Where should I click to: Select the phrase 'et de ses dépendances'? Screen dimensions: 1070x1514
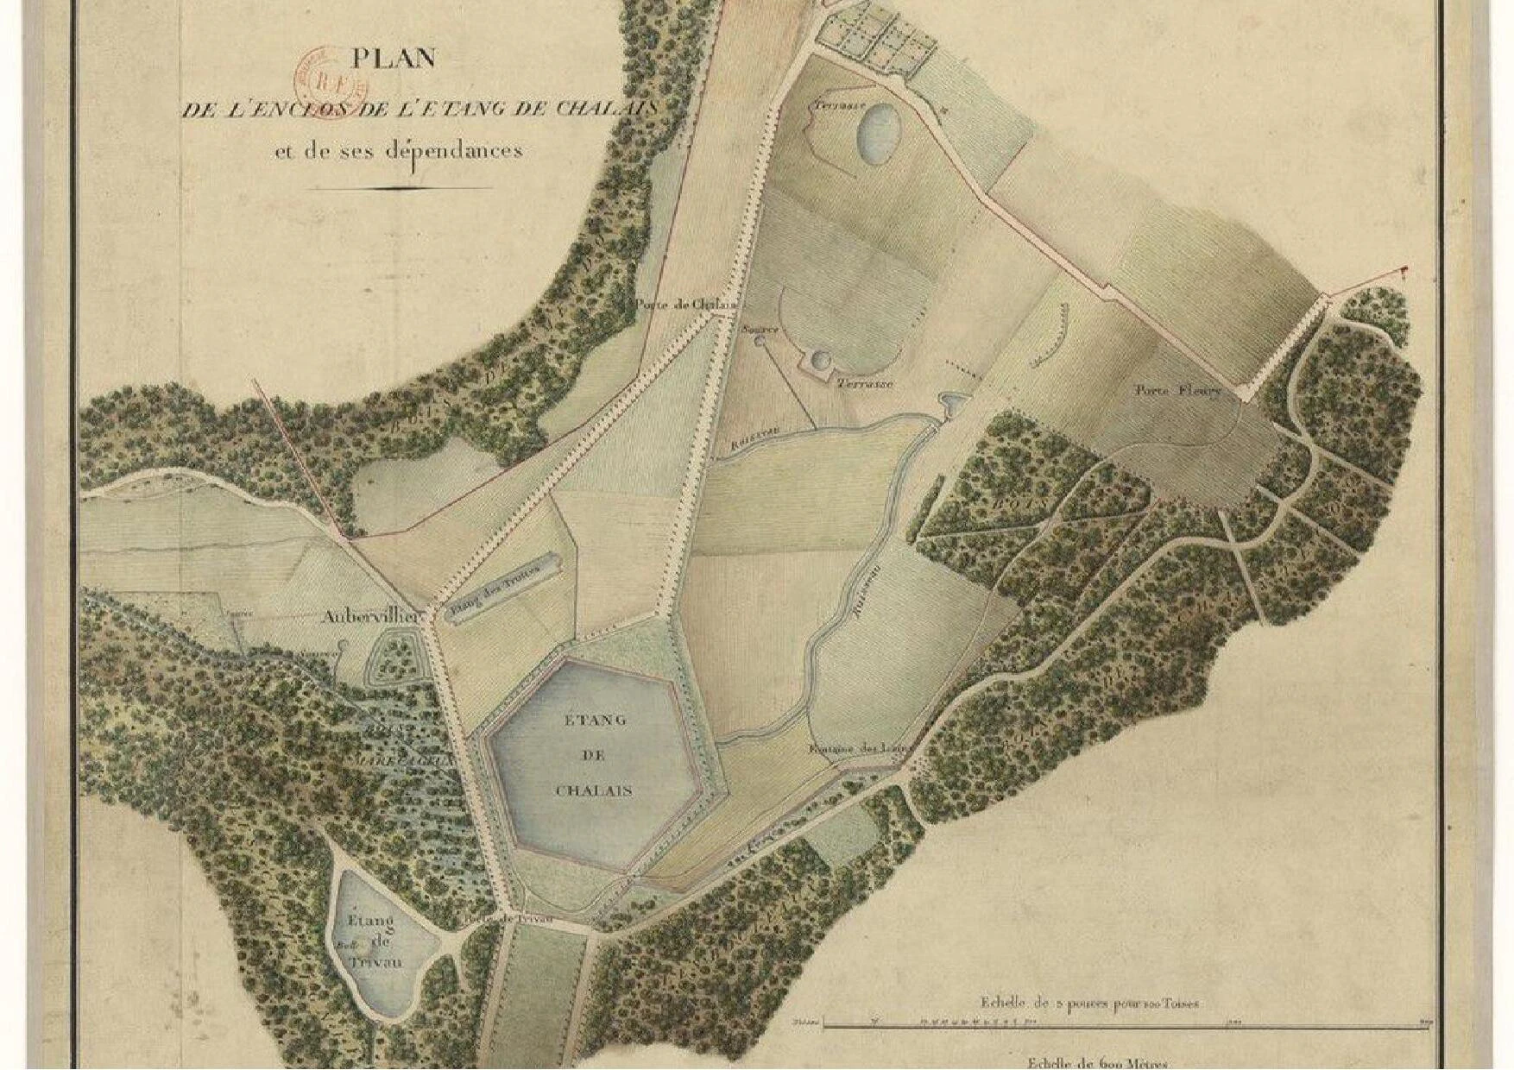pyautogui.click(x=398, y=151)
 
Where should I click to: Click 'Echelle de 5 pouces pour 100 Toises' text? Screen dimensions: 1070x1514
pyautogui.click(x=1089, y=1004)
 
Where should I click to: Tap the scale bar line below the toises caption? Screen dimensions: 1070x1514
pyautogui.click(x=1122, y=1025)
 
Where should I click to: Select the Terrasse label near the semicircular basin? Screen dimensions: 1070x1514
pyautogui.click(x=864, y=383)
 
